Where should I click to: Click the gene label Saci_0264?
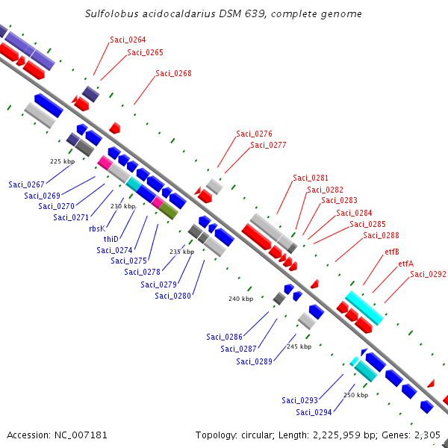[128, 40]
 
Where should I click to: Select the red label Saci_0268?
[173, 73]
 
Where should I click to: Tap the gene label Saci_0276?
[254, 134]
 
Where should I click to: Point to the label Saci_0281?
[311, 178]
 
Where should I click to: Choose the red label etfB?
[392, 252]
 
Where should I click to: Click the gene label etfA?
[405, 264]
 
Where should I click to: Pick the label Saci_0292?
[428, 275]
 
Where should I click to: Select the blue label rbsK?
[96, 228]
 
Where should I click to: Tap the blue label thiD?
[111, 239]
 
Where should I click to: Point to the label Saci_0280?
[173, 296]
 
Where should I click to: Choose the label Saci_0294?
[314, 412]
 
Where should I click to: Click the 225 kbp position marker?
[62, 161]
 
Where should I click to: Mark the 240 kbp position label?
[240, 299]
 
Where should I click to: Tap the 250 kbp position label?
[355, 395]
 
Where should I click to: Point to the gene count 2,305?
[427, 435]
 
